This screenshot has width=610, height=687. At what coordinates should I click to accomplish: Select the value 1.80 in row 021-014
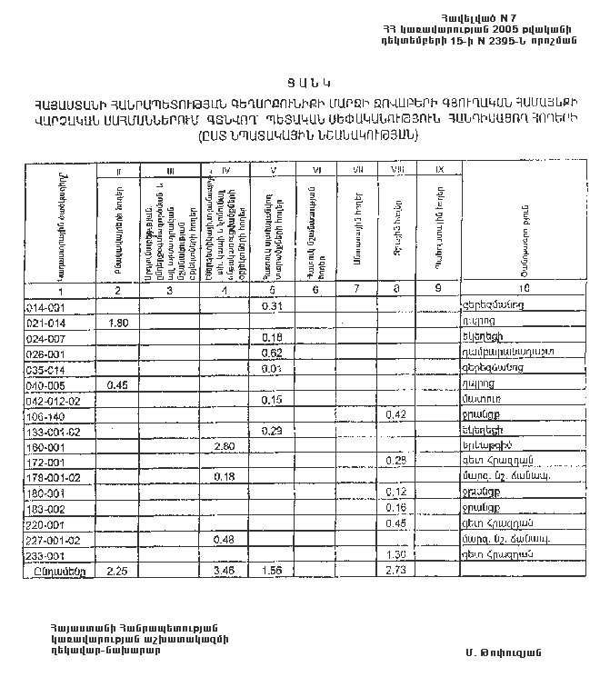117,323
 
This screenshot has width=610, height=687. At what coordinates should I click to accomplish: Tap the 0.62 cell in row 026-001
271,353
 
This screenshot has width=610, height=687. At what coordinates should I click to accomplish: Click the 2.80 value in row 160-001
225,446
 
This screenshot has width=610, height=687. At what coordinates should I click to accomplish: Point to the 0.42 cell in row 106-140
395,414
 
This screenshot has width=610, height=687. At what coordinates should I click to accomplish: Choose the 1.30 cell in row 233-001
395,554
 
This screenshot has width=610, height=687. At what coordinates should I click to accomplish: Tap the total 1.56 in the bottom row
271,571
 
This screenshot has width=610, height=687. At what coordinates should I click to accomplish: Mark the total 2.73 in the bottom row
395,571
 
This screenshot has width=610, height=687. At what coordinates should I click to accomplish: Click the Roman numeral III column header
169,171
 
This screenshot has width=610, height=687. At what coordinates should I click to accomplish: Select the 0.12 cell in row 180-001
395,493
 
